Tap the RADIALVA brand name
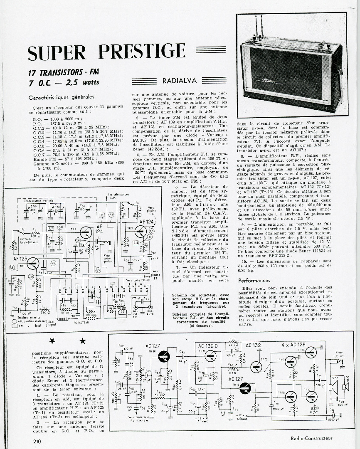pyautogui.click(x=180, y=81)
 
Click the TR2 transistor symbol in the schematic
pyautogui.click(x=86, y=232)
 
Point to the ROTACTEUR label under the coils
pyautogui.click(x=81, y=322)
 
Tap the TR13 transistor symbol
pyautogui.click(x=245, y=389)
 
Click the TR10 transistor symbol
pyautogui.click(x=164, y=356)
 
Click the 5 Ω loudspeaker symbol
pyautogui.click(x=334, y=387)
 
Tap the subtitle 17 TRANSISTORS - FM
pyautogui.click(x=60, y=72)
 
